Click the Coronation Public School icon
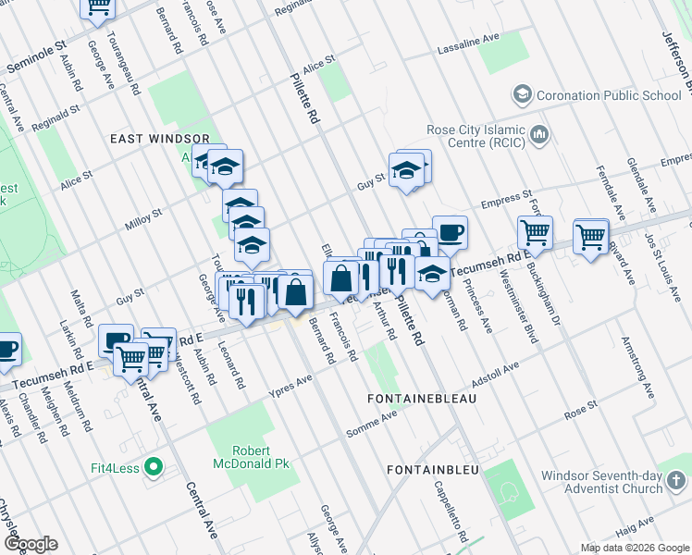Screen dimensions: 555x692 coord(523,95)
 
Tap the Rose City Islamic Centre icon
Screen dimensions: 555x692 coord(539,137)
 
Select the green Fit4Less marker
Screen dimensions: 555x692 coord(154,468)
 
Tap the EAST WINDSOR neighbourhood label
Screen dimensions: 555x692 coord(154,138)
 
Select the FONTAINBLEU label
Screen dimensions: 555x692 coord(433,470)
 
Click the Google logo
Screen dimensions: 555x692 coord(30,544)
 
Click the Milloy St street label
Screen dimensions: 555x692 coord(143,219)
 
